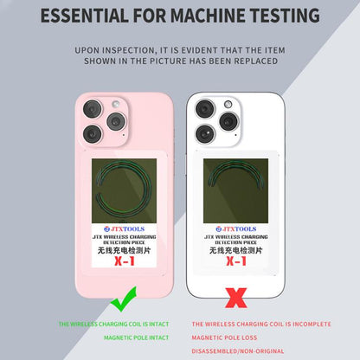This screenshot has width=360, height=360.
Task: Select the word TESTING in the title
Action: point(278,16)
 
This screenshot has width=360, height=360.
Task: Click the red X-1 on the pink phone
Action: point(126,260)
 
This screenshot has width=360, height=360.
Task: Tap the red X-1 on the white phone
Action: point(235,260)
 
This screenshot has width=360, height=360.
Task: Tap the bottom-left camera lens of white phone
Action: point(205,133)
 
